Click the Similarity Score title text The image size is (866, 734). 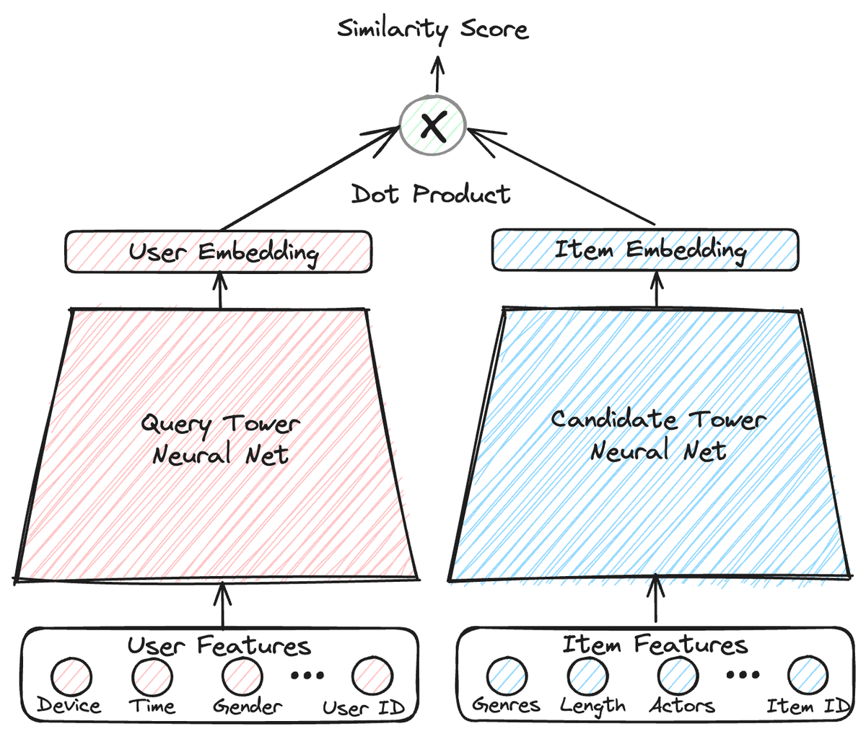[433, 30]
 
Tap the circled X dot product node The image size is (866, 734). [432, 126]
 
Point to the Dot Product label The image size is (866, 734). [431, 194]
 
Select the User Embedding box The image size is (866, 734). [219, 252]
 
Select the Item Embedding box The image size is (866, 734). [645, 251]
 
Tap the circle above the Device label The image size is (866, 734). [71, 677]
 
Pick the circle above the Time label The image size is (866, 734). [152, 677]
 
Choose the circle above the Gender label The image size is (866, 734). [242, 677]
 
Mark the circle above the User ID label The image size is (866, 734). [372, 676]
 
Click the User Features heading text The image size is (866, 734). [219, 645]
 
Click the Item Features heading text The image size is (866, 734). [655, 645]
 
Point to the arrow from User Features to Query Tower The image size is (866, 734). [222, 605]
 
